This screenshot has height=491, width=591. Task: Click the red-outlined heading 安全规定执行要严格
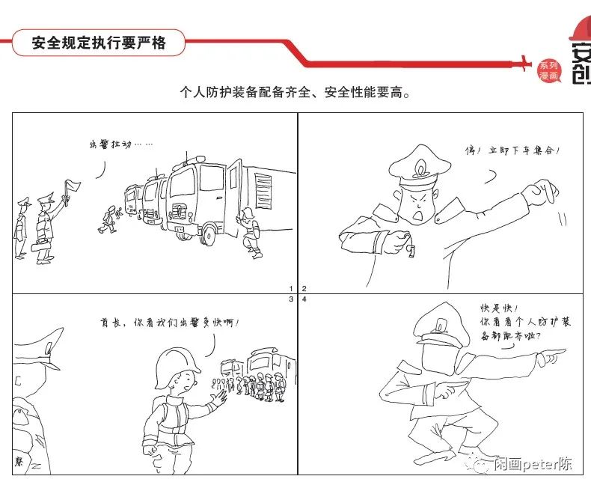tap(98, 43)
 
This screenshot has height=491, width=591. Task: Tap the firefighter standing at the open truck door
tap(250, 232)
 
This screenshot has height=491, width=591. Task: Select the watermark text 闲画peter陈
tap(532, 464)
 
